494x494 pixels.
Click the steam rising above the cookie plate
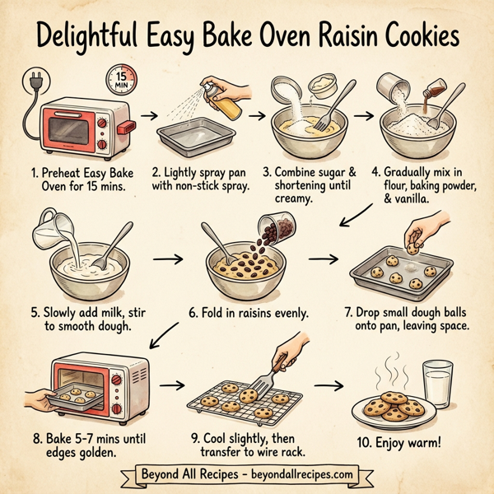[393, 367]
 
